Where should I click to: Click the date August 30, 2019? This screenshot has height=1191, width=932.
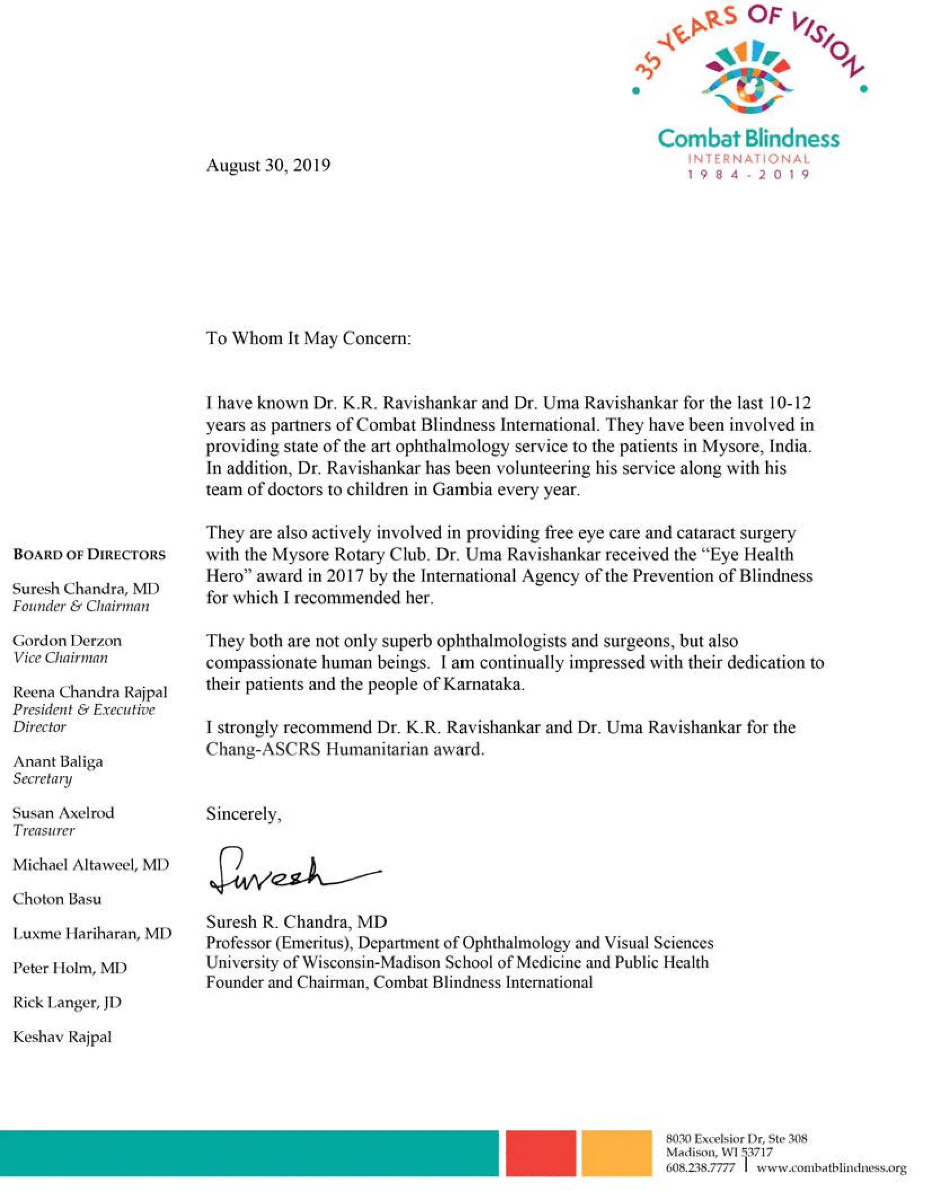point(268,165)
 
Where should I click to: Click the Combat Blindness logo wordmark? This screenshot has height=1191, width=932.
point(748,139)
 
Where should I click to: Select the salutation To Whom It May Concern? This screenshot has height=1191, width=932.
point(308,338)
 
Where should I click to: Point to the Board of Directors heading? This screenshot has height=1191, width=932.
point(89,555)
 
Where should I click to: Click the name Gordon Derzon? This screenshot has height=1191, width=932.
point(67,641)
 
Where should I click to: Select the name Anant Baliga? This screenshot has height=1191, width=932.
point(58,761)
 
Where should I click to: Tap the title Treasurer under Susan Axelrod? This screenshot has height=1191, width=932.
point(43,830)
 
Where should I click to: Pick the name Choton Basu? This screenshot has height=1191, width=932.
point(57,899)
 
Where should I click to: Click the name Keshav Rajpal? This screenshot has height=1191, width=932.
point(62,1037)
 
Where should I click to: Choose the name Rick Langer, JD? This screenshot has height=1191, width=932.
point(67,1002)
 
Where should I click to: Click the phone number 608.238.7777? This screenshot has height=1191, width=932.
point(700,1167)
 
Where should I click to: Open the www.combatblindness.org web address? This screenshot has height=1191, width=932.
point(831,1167)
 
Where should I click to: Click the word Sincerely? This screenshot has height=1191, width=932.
point(243,814)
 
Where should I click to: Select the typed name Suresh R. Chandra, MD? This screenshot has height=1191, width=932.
point(296,922)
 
